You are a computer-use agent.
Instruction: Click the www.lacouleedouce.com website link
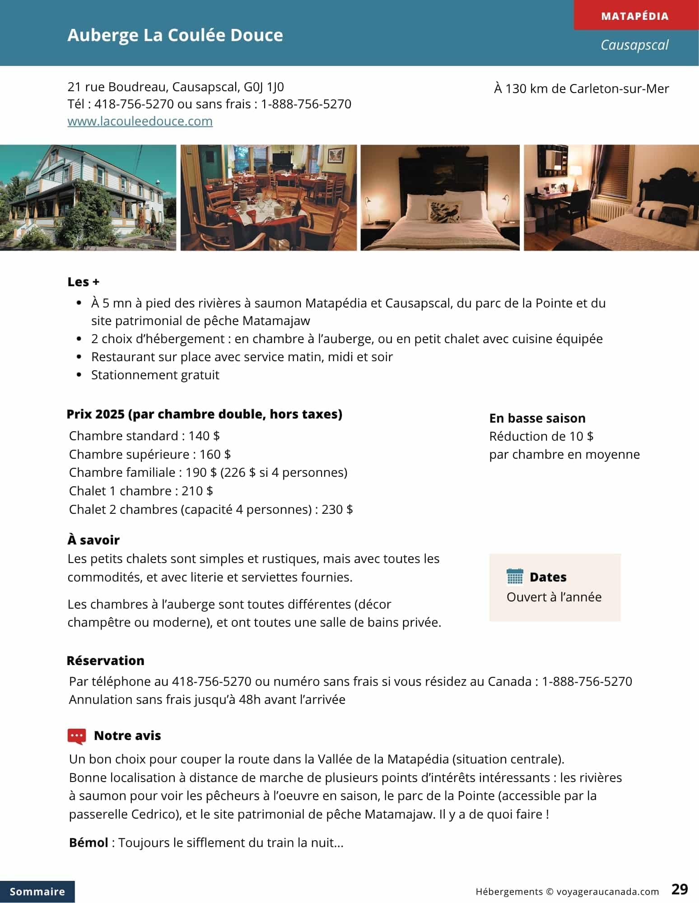[x=140, y=121]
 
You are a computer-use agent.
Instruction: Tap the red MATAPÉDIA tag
[x=634, y=16]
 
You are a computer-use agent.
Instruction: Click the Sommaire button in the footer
[x=37, y=891]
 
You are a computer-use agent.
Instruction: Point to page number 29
[x=679, y=889]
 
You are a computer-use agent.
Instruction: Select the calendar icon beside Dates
[x=515, y=577]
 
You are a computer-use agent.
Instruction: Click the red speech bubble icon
[x=76, y=736]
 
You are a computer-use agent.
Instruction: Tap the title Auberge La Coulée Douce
[x=175, y=35]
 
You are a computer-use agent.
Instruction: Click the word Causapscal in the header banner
[x=634, y=45]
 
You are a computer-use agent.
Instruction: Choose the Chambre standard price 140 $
[x=204, y=436]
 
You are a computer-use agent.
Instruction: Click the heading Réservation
[x=106, y=661]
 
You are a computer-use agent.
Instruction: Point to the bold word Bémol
[x=89, y=842]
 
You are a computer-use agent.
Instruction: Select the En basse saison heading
[x=537, y=418]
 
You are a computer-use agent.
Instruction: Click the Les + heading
[x=84, y=282]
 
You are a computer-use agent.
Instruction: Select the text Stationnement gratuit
[x=155, y=375]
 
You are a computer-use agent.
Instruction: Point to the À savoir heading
[x=93, y=540]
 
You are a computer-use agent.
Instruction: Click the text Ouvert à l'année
[x=554, y=597]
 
